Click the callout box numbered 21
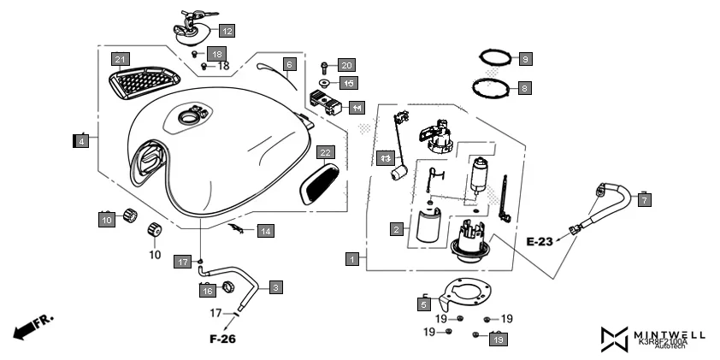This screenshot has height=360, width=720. click(121, 59)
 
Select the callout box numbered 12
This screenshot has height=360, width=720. click(226, 31)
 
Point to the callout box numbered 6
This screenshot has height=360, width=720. click(289, 64)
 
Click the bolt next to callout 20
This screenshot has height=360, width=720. click(325, 66)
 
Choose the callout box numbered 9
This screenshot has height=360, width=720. click(525, 59)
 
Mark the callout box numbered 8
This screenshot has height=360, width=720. click(524, 87)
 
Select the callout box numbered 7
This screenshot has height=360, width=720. click(645, 199)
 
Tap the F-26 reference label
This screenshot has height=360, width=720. click(222, 339)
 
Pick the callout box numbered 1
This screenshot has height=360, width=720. click(351, 258)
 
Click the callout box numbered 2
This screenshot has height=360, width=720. click(397, 229)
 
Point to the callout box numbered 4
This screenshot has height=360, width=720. click(81, 142)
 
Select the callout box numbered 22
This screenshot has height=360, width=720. click(325, 153)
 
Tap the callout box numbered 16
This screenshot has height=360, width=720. click(207, 291)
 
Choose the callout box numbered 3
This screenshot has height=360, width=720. click(275, 287)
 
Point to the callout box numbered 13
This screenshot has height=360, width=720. click(386, 158)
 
